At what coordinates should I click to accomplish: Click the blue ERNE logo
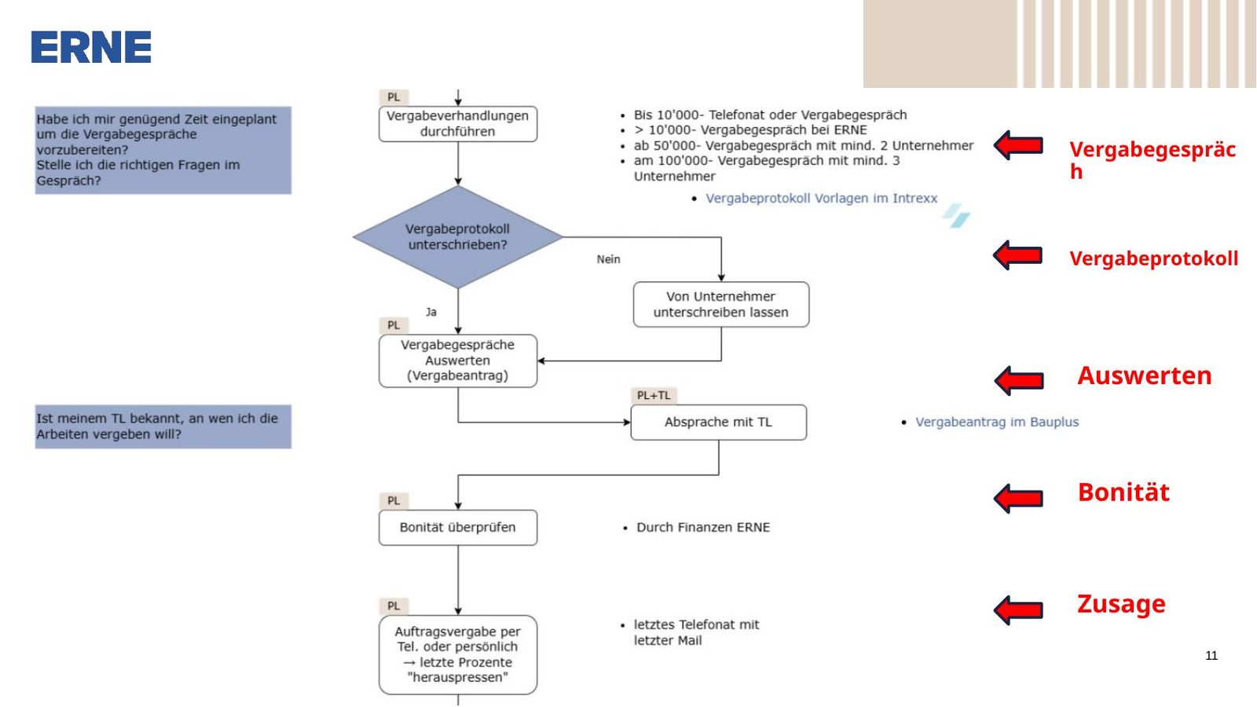point(91,47)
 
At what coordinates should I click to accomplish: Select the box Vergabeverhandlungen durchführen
point(458,124)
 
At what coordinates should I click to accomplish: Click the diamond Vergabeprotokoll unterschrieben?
point(458,236)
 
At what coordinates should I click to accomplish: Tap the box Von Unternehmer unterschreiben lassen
point(721,305)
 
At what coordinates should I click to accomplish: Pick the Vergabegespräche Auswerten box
point(458,361)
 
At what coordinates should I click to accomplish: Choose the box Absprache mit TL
point(719,423)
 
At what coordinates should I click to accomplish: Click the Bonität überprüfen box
point(458,528)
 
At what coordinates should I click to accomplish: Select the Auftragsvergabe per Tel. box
point(458,655)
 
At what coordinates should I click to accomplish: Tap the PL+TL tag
point(654,396)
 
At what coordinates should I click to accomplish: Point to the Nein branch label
point(608,259)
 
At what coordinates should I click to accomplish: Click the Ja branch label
point(431,312)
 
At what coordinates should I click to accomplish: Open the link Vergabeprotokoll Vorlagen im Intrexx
point(822,199)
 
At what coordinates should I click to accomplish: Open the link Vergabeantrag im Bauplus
point(997,422)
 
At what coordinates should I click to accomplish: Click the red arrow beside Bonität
point(1018,498)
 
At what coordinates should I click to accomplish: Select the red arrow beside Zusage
point(1018,610)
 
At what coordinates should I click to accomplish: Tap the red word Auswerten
point(1145,375)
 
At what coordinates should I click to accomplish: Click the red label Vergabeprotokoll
point(1154,258)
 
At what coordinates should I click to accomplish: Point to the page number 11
point(1211,656)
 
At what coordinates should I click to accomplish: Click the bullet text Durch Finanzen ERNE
point(703,527)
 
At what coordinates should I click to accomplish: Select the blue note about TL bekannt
point(163,427)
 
